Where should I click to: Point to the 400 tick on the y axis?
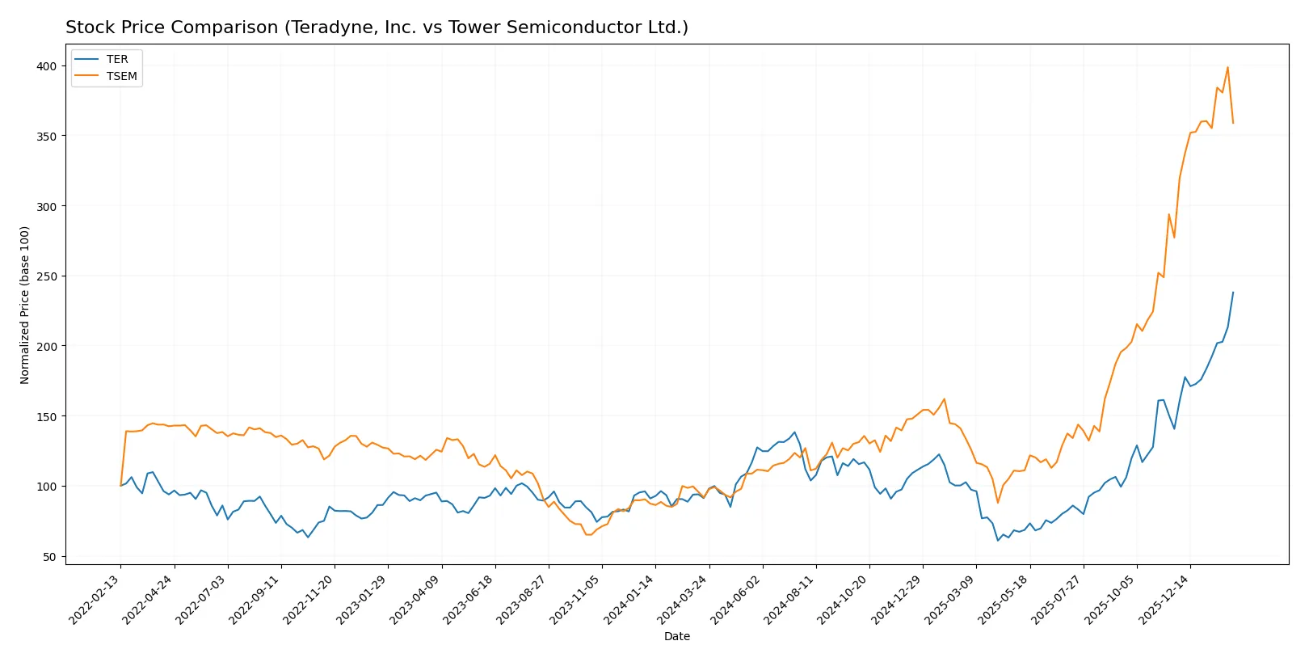coord(46,66)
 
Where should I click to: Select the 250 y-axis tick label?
coord(46,276)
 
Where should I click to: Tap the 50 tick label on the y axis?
coord(49,557)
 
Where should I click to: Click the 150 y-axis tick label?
coord(46,416)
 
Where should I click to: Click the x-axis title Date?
coord(677,636)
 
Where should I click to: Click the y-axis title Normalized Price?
coord(25,305)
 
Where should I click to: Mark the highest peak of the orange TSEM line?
coord(1227,67)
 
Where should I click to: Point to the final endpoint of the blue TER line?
coord(1233,293)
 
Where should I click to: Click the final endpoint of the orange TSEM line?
coord(1233,123)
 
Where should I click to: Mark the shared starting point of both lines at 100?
coord(121,486)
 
